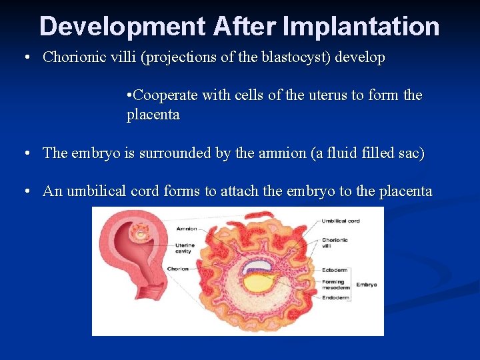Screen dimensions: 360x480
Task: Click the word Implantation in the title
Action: click(x=361, y=27)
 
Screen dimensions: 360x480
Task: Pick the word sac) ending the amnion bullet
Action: click(x=408, y=153)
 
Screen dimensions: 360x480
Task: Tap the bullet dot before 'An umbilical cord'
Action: click(x=27, y=192)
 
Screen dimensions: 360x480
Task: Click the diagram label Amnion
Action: click(x=187, y=229)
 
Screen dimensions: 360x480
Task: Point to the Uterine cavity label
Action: click(x=183, y=248)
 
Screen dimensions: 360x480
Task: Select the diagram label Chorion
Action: click(x=178, y=269)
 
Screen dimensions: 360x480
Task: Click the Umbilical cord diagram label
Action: click(x=341, y=221)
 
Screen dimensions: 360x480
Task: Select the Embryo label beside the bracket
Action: click(x=366, y=285)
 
